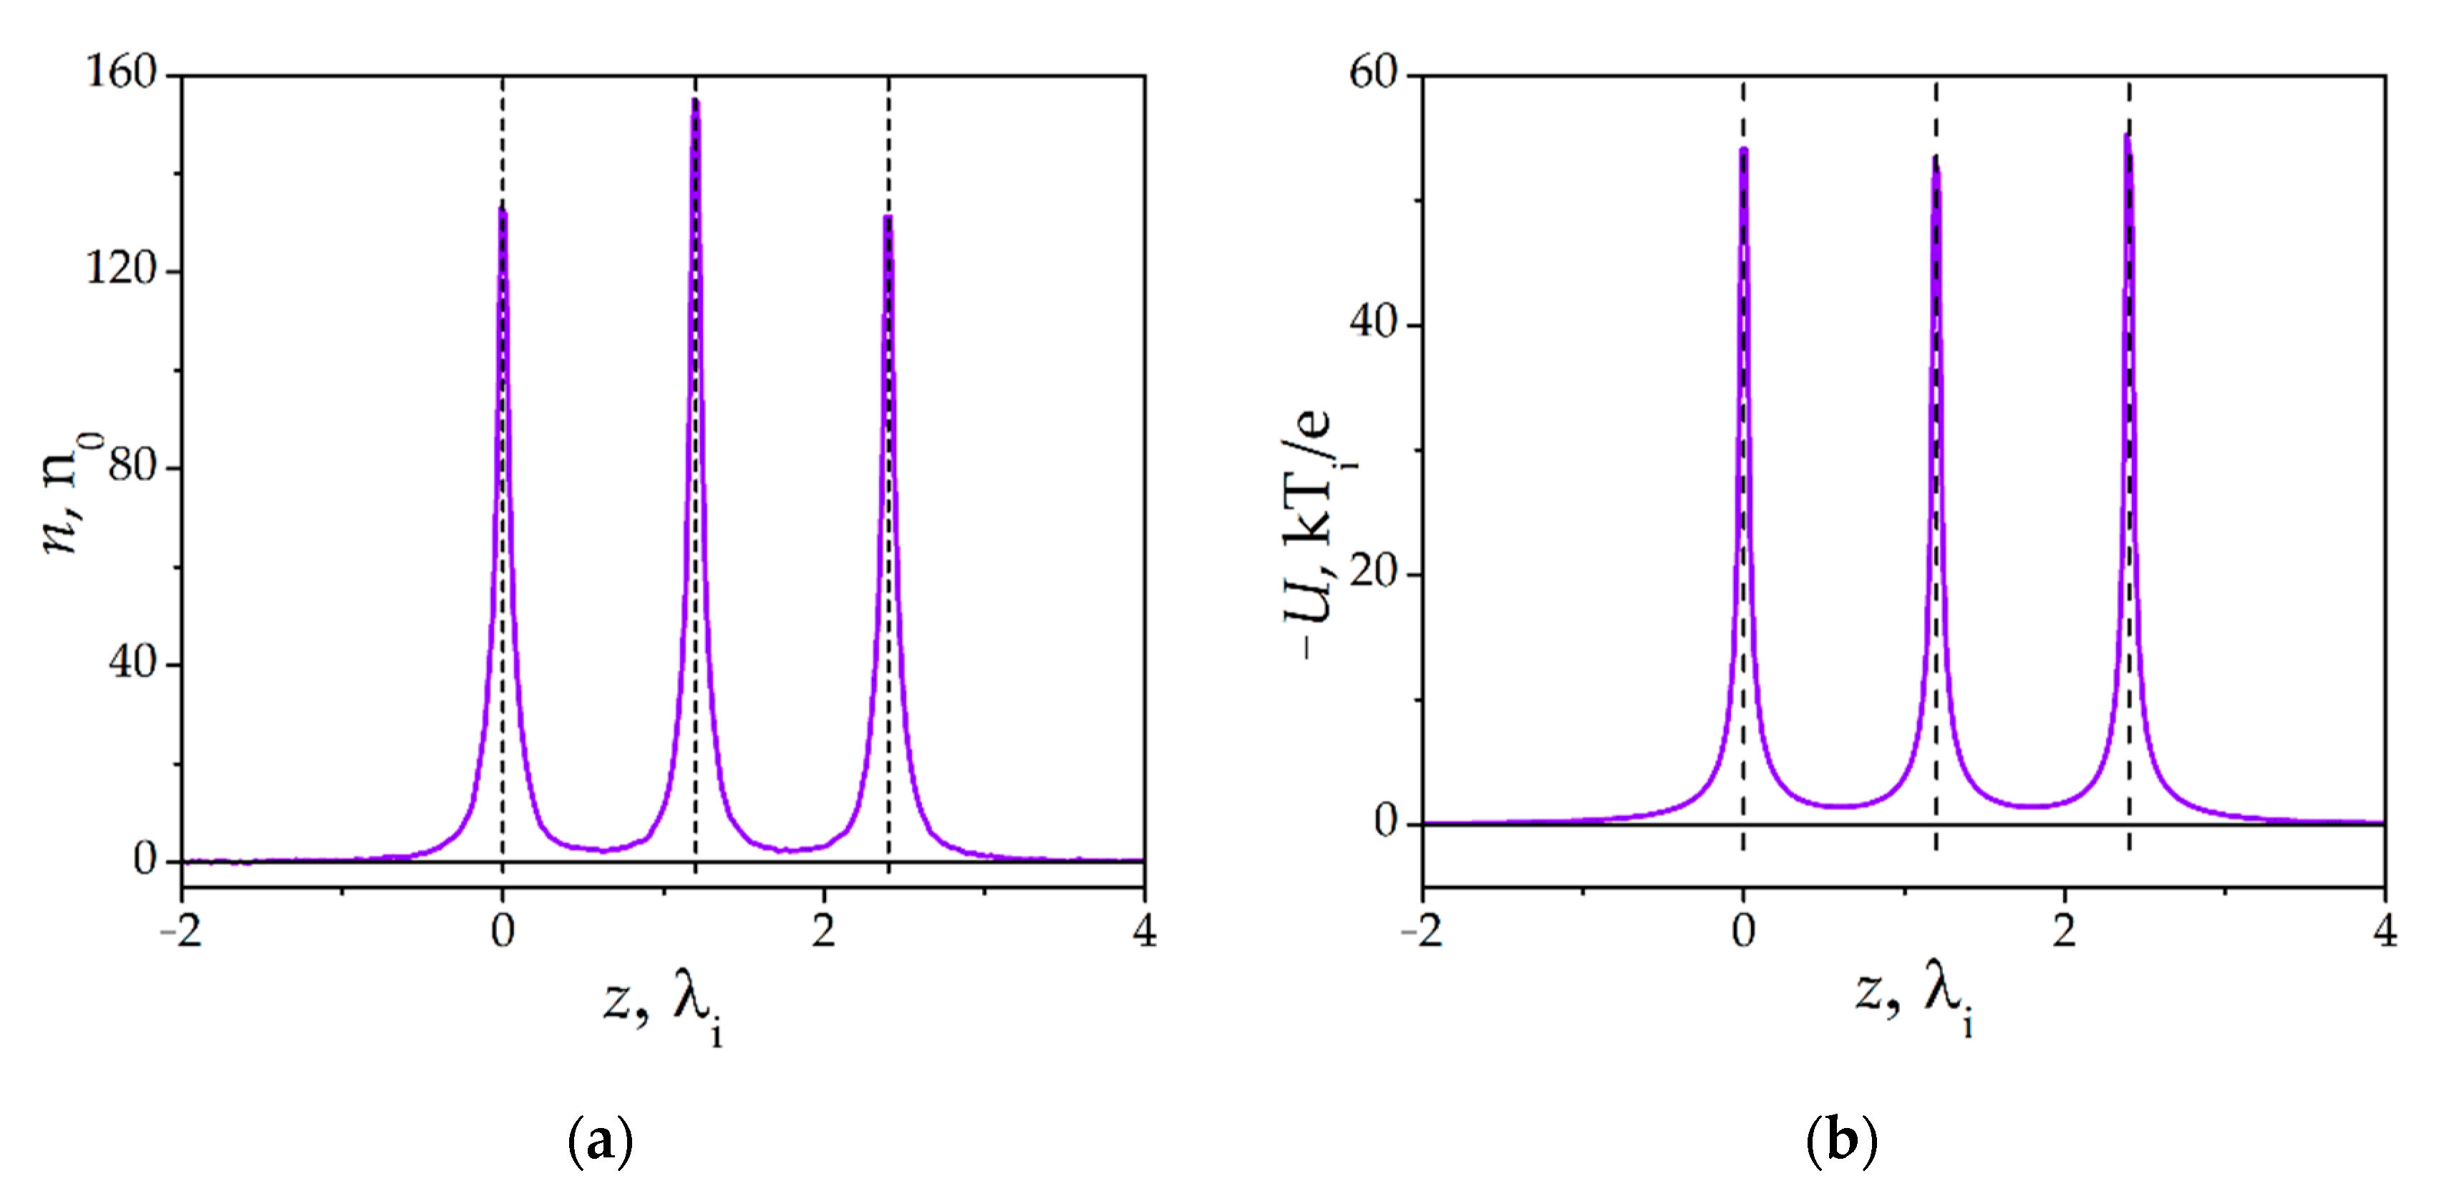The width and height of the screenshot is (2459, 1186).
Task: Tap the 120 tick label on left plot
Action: tap(121, 269)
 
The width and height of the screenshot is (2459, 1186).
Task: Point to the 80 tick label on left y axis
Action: tap(132, 467)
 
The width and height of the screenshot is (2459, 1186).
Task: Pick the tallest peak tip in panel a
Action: tap(695, 100)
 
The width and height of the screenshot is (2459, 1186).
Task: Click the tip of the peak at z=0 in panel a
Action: tap(503, 212)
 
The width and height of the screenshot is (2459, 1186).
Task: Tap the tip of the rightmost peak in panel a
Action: tap(888, 218)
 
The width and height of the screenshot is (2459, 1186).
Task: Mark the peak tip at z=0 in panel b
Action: tap(1743, 149)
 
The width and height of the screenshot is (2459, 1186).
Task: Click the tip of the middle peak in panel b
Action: tap(1936, 160)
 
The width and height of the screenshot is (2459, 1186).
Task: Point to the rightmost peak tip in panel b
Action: tap(2128, 137)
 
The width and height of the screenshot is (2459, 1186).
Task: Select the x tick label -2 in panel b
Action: tap(1422, 930)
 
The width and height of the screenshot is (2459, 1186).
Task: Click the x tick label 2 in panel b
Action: tap(2065, 930)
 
